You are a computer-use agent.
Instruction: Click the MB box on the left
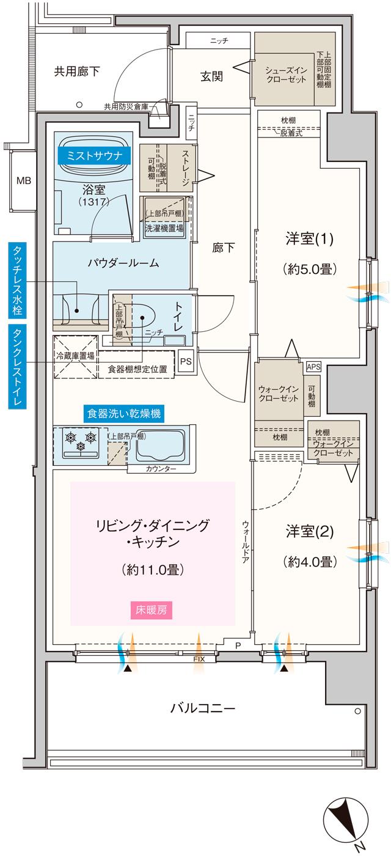pyautogui.click(x=23, y=180)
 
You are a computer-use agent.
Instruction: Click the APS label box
pyautogui.click(x=313, y=367)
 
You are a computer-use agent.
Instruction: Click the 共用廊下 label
pyautogui.click(x=77, y=72)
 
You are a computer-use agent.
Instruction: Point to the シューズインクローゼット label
pyautogui.click(x=284, y=75)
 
